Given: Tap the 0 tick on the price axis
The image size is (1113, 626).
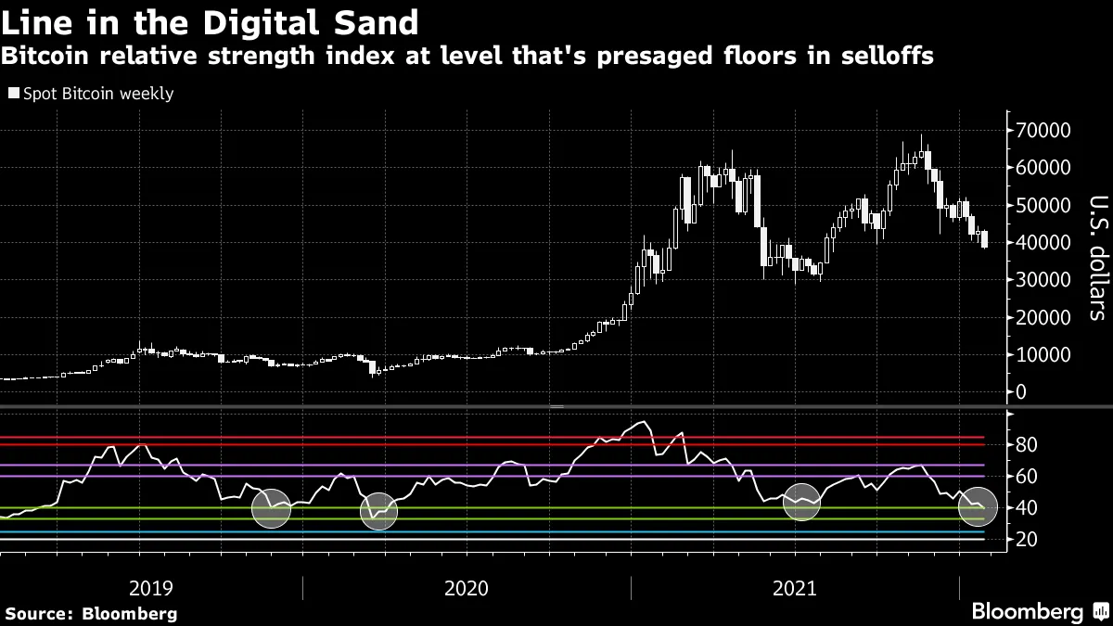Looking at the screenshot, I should click(x=1020, y=391).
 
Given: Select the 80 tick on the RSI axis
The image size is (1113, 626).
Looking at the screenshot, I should click(x=1027, y=445).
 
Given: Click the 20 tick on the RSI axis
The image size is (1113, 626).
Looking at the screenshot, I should click(x=1027, y=539).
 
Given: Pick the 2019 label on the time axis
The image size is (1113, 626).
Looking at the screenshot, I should click(x=151, y=587).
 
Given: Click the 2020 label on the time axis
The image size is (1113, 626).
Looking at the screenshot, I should click(x=467, y=587).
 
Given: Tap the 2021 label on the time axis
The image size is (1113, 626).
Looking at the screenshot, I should click(x=794, y=587).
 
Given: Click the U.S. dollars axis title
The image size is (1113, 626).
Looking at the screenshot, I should click(x=1094, y=257).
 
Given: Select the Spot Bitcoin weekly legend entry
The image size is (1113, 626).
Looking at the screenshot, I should click(x=90, y=94).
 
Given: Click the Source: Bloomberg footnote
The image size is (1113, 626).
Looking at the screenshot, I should click(x=91, y=613).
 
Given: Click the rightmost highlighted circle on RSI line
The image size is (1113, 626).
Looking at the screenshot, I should click(x=978, y=506).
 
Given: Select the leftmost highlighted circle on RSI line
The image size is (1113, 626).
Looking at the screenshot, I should click(x=272, y=508).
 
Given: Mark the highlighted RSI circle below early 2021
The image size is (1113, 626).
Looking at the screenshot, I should click(x=801, y=502).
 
